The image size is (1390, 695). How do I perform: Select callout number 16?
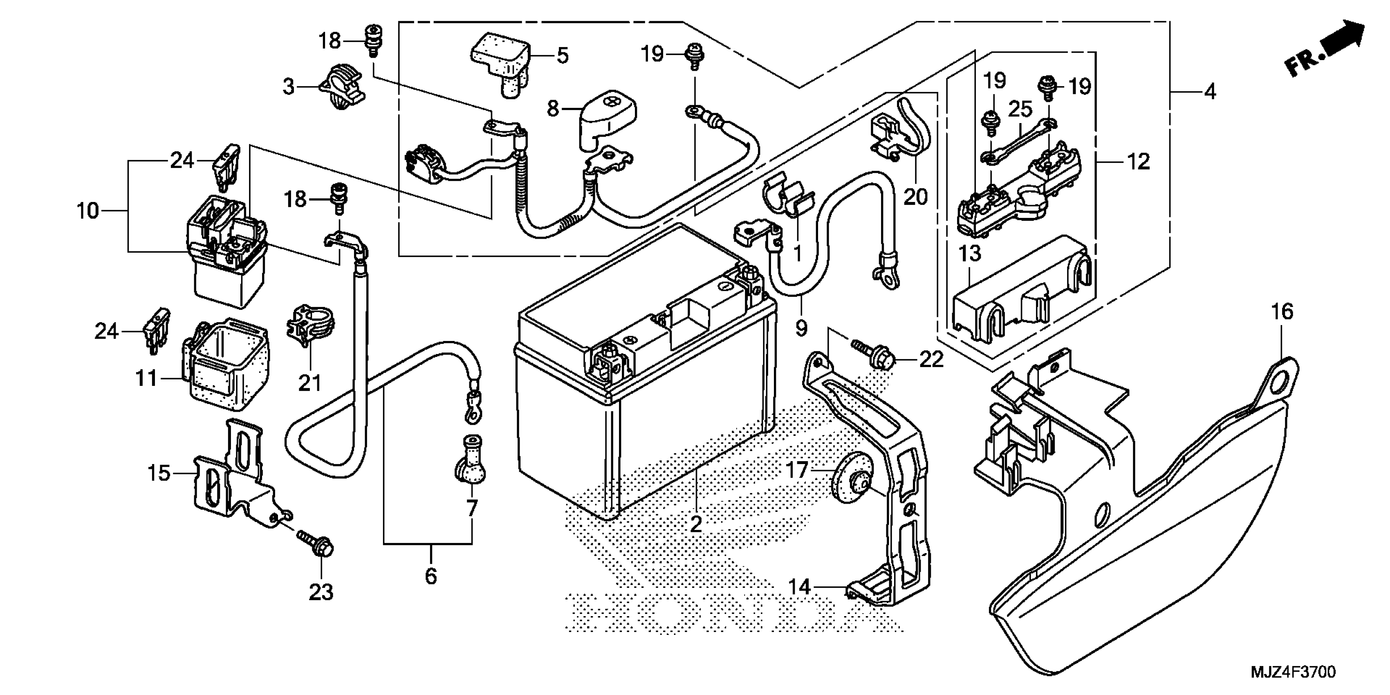pyautogui.click(x=1282, y=312)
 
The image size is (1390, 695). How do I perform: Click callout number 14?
pyautogui.click(x=799, y=587)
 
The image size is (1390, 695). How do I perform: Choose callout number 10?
pyautogui.click(x=87, y=211)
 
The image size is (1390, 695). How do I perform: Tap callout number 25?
pyautogui.click(x=1020, y=110)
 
